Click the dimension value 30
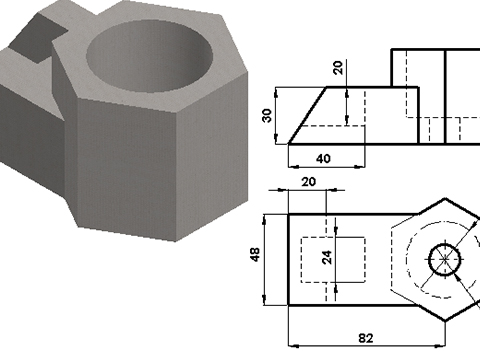(267, 115)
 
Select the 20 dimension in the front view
(336, 67)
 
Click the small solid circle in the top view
(443, 259)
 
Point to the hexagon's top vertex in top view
(443, 196)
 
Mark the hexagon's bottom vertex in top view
(443, 322)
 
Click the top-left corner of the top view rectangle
(289, 212)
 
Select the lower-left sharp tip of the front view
(289, 142)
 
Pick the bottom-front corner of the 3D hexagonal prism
(179, 242)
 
